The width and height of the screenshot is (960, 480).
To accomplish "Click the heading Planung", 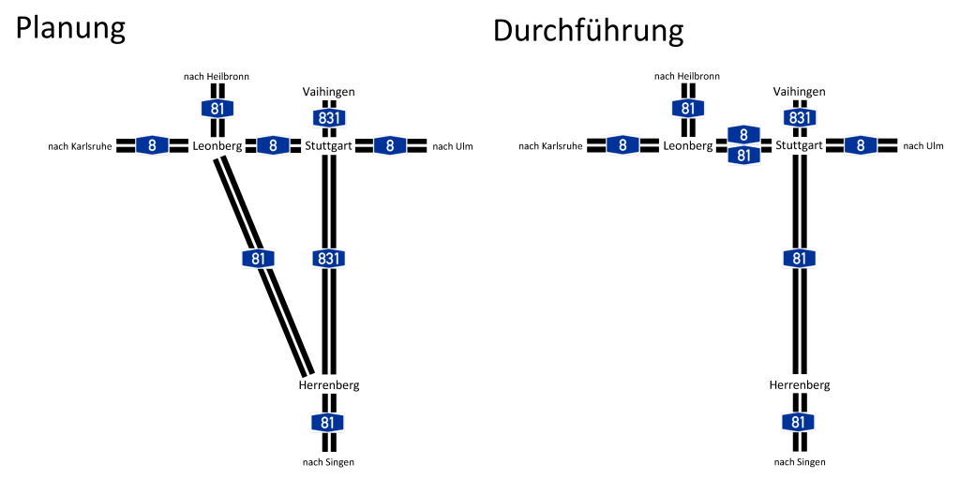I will point(70,28).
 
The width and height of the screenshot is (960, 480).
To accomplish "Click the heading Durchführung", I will point(588,31).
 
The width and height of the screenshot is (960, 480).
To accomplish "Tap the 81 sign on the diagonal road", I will point(258,259).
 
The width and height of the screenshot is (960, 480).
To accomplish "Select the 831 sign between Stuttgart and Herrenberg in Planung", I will point(328,258).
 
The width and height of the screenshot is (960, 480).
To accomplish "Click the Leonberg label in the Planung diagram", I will point(217,146).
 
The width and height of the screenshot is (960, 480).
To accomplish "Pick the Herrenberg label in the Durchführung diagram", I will point(799,385).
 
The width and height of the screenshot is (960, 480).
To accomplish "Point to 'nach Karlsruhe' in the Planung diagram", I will point(80,146).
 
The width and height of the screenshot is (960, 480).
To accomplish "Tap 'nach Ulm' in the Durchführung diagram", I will point(922,146).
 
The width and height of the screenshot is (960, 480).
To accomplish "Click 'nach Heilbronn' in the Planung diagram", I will point(217,77).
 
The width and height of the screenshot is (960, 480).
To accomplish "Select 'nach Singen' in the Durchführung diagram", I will point(799,461).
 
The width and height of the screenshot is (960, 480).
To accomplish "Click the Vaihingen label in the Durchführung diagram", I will point(799,92).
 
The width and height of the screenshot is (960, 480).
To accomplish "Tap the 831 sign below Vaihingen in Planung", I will point(328,118).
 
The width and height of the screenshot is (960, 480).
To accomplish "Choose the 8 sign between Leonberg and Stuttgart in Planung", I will point(273,145).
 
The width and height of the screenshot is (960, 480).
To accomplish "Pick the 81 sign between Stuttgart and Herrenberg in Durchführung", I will point(799,258).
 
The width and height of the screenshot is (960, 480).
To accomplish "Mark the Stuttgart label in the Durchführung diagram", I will point(799,146).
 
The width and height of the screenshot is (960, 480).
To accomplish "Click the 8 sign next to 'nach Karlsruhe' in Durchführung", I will point(622,145).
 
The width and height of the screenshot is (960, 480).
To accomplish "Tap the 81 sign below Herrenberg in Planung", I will point(327,423).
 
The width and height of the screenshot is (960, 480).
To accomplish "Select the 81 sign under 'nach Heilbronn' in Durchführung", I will point(688,108).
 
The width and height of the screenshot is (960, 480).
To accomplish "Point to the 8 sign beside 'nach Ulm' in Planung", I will point(390,145).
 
